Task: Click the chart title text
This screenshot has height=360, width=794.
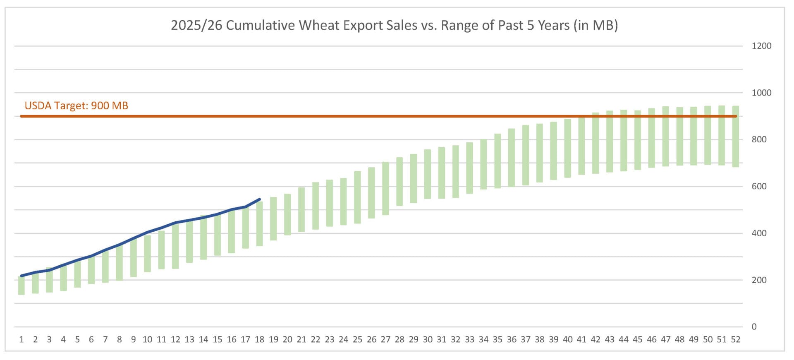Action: (394, 25)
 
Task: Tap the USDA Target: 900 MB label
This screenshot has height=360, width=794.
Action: (77, 106)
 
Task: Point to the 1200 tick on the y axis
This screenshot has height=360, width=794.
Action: (761, 46)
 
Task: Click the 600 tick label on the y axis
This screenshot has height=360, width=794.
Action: (759, 186)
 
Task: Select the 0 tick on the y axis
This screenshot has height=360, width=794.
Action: (754, 327)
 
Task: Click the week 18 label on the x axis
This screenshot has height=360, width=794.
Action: (259, 340)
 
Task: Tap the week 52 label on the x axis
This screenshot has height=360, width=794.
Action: (735, 340)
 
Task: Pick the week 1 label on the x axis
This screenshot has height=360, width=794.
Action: (22, 340)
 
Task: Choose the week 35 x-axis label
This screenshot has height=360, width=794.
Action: (497, 340)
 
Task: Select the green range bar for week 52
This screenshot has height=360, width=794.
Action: (735, 137)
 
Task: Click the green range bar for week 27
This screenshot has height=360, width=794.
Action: (385, 189)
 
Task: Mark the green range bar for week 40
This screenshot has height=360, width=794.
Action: (567, 149)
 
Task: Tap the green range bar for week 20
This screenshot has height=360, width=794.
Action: (287, 214)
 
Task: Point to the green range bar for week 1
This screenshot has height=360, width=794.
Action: (22, 286)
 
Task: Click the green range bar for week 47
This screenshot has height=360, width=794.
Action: (665, 137)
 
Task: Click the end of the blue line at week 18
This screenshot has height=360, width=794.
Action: (259, 199)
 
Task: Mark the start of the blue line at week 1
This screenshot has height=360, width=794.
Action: (22, 276)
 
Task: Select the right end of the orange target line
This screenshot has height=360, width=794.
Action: (736, 116)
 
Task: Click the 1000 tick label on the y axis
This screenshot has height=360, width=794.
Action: (761, 93)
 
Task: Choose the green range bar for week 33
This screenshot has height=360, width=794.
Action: (469, 168)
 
